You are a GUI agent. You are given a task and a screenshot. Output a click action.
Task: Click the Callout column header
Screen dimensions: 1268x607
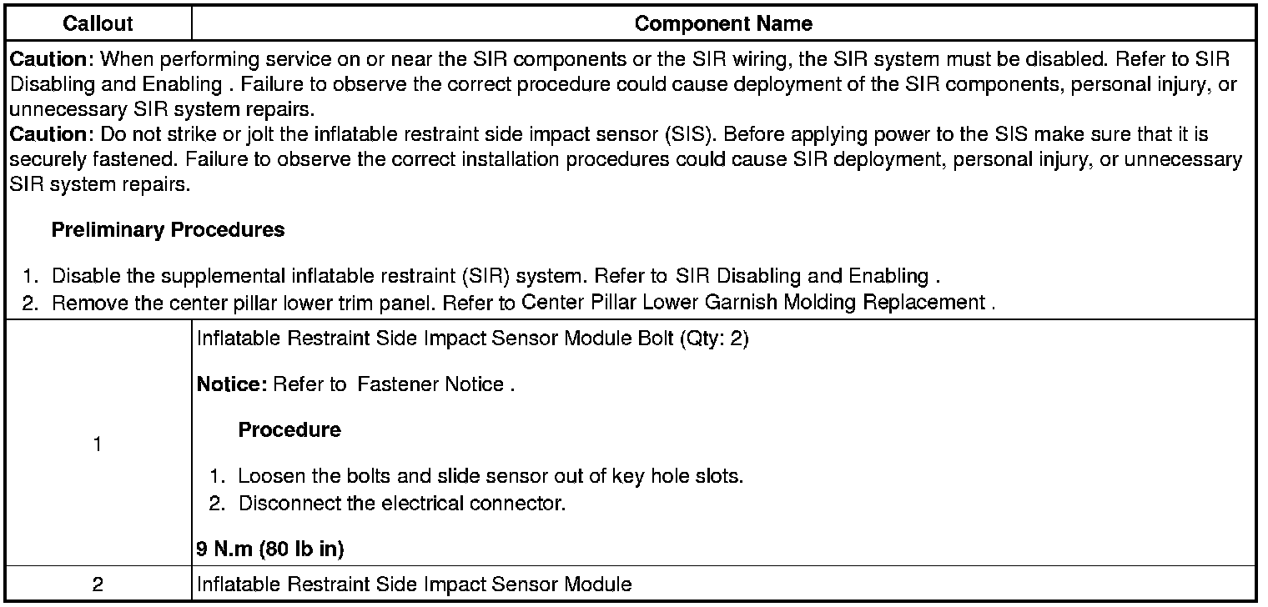click(98, 23)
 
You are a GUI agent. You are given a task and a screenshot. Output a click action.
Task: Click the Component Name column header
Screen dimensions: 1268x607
click(723, 23)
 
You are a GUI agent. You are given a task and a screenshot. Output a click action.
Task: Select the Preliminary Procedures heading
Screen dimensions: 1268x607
click(168, 230)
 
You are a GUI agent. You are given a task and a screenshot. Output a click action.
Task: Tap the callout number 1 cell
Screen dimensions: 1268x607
click(98, 444)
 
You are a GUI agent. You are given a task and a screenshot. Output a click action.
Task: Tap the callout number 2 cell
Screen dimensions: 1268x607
click(98, 584)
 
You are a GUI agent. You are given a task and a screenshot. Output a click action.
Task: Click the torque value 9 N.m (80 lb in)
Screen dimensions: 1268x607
click(270, 549)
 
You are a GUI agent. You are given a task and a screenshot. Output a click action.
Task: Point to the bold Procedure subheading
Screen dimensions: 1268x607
click(289, 430)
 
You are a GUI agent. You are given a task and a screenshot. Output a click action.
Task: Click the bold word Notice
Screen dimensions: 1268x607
click(230, 384)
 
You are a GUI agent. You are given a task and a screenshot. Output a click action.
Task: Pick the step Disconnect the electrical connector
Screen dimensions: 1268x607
click(402, 504)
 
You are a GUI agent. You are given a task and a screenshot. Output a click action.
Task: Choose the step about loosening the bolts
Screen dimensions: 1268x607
click(491, 476)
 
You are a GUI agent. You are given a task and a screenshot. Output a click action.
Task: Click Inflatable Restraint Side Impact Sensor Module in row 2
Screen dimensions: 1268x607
click(414, 584)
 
